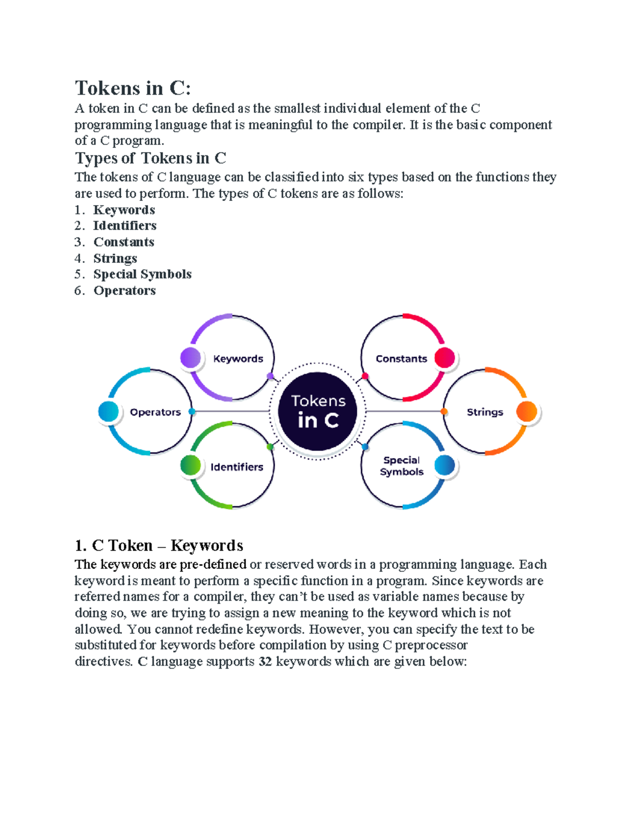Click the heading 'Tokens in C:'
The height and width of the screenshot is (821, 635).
[133, 88]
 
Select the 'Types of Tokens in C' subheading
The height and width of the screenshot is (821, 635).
[150, 158]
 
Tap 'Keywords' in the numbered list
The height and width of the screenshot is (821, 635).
[124, 210]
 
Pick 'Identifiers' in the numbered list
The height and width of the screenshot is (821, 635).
[125, 226]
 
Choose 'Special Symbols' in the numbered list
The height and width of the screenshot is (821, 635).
[142, 274]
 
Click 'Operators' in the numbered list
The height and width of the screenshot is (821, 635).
[124, 291]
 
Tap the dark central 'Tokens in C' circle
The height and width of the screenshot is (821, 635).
[317, 411]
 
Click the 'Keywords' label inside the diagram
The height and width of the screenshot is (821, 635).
[238, 358]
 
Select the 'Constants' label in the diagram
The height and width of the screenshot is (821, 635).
[401, 358]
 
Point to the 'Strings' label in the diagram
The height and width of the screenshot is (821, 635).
[485, 412]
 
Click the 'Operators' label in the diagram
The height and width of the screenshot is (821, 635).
[156, 412]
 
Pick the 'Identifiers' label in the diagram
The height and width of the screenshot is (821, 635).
[237, 467]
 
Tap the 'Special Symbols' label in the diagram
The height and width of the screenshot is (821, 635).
[402, 466]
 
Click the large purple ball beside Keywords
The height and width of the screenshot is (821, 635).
[190, 357]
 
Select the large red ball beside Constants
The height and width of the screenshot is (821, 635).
[445, 357]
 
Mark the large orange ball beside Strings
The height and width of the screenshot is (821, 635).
[527, 411]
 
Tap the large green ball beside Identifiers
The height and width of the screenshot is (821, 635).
[190, 465]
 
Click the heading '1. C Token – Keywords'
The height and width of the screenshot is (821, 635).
[159, 546]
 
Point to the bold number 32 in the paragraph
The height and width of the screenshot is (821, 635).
[266, 661]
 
